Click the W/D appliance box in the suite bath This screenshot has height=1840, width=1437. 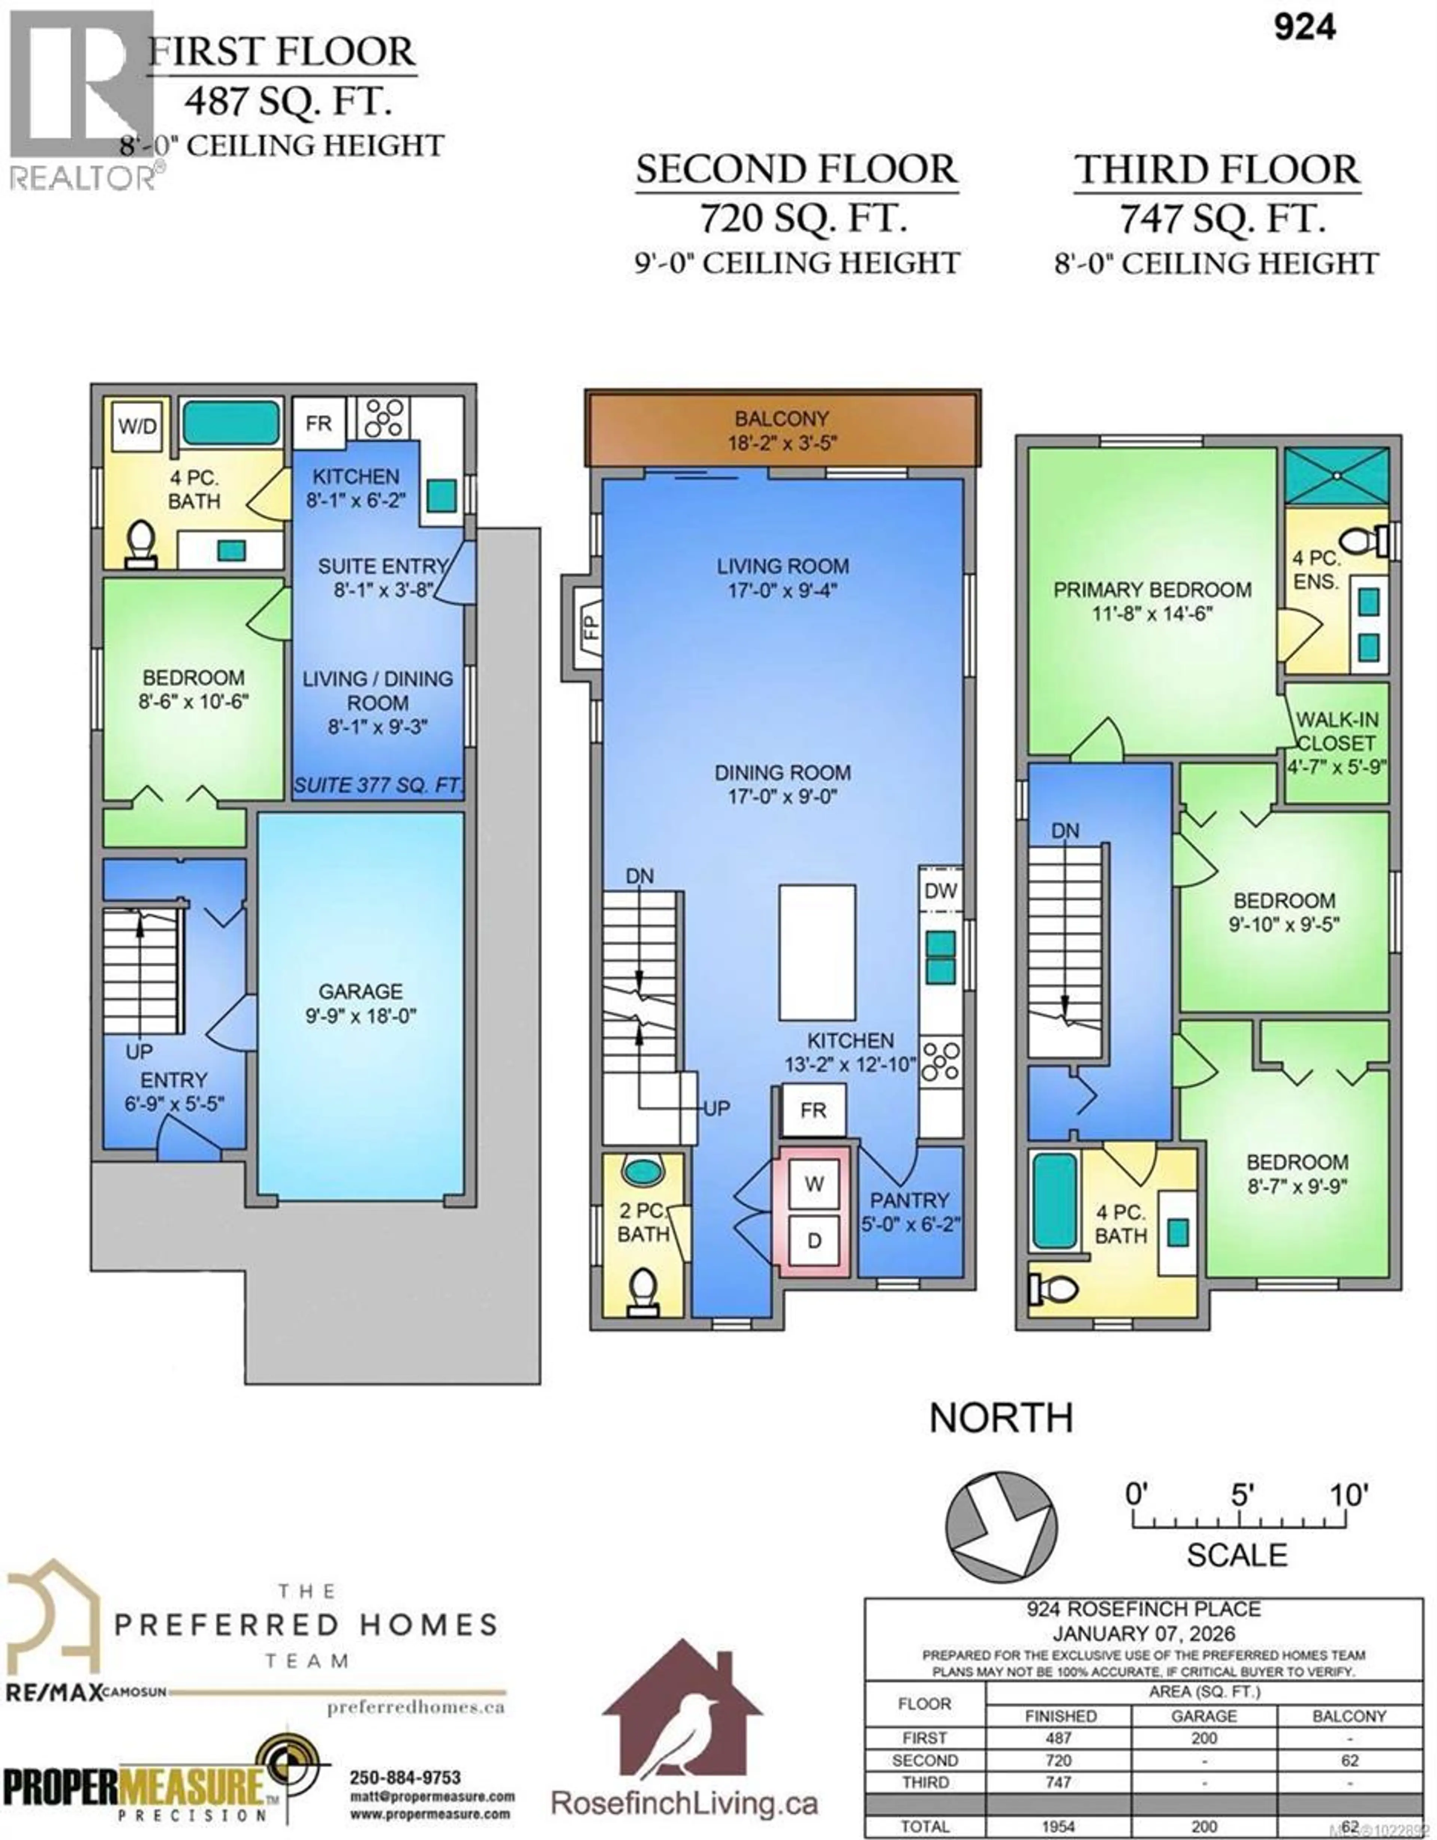point(137,425)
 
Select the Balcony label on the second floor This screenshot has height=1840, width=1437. point(781,419)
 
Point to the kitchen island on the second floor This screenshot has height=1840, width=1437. point(817,952)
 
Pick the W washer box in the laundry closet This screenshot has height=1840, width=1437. point(813,1184)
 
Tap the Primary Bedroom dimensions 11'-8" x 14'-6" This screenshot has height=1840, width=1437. point(1152,613)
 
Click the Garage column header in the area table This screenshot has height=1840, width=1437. point(1203,1716)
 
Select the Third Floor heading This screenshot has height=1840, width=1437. point(1216,170)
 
